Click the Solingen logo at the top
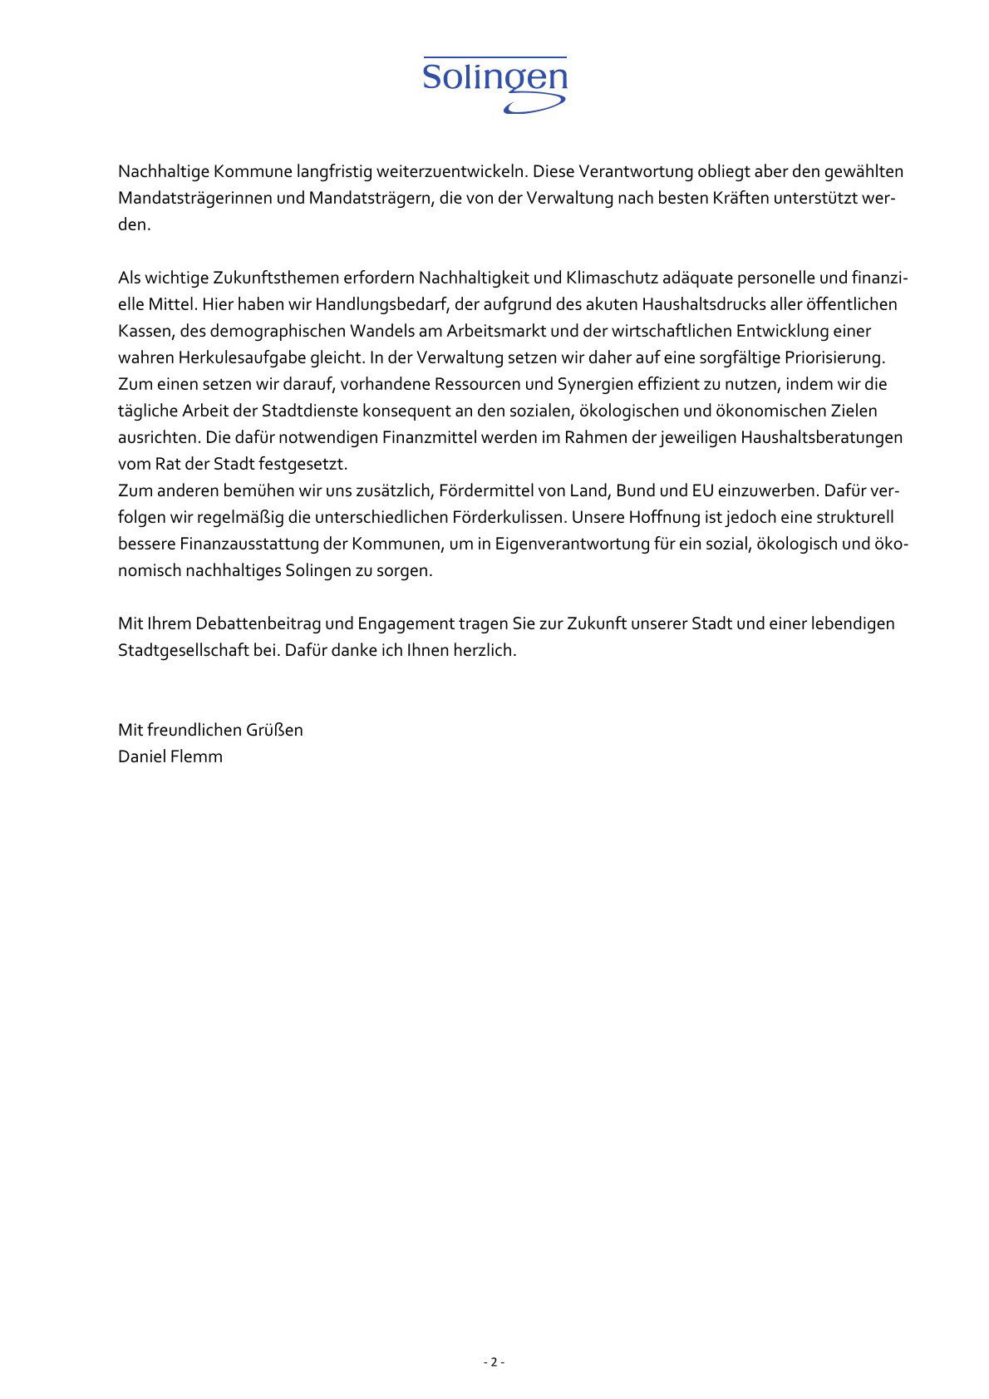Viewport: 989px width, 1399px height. click(494, 84)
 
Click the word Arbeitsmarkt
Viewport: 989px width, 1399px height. click(495, 331)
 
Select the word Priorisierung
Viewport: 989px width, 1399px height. click(834, 357)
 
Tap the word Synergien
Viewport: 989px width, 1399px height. click(598, 384)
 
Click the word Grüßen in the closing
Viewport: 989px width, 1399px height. click(273, 730)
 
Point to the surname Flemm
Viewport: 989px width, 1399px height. click(198, 756)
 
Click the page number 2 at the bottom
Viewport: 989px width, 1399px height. click(494, 1362)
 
